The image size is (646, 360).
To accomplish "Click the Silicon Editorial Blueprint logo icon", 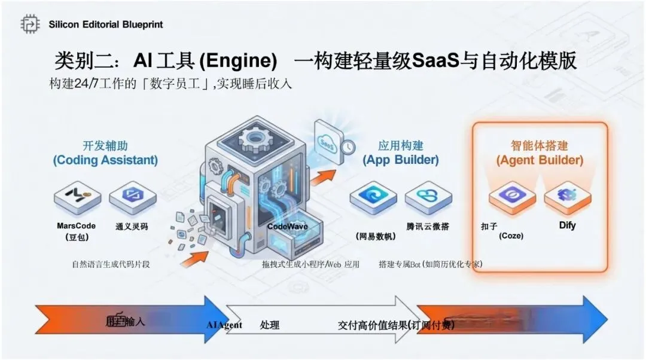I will (30, 24).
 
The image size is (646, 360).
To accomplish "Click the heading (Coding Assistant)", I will (105, 160).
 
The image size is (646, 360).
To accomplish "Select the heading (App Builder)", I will (400, 160).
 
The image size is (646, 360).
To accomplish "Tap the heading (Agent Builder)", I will (540, 160).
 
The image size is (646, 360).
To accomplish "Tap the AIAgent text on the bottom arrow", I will (224, 325).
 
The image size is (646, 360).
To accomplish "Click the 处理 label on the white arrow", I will (270, 325).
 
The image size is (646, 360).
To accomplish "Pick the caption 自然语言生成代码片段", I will (111, 264).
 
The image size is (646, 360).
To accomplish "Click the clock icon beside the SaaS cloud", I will (348, 147).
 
